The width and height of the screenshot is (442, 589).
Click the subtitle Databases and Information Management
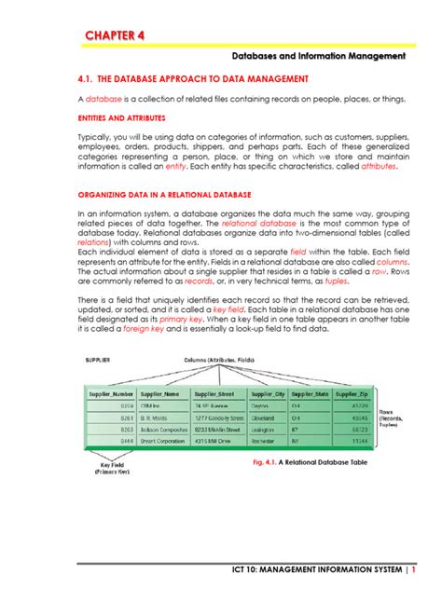(319, 57)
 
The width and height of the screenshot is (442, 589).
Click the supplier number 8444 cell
(126, 442)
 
